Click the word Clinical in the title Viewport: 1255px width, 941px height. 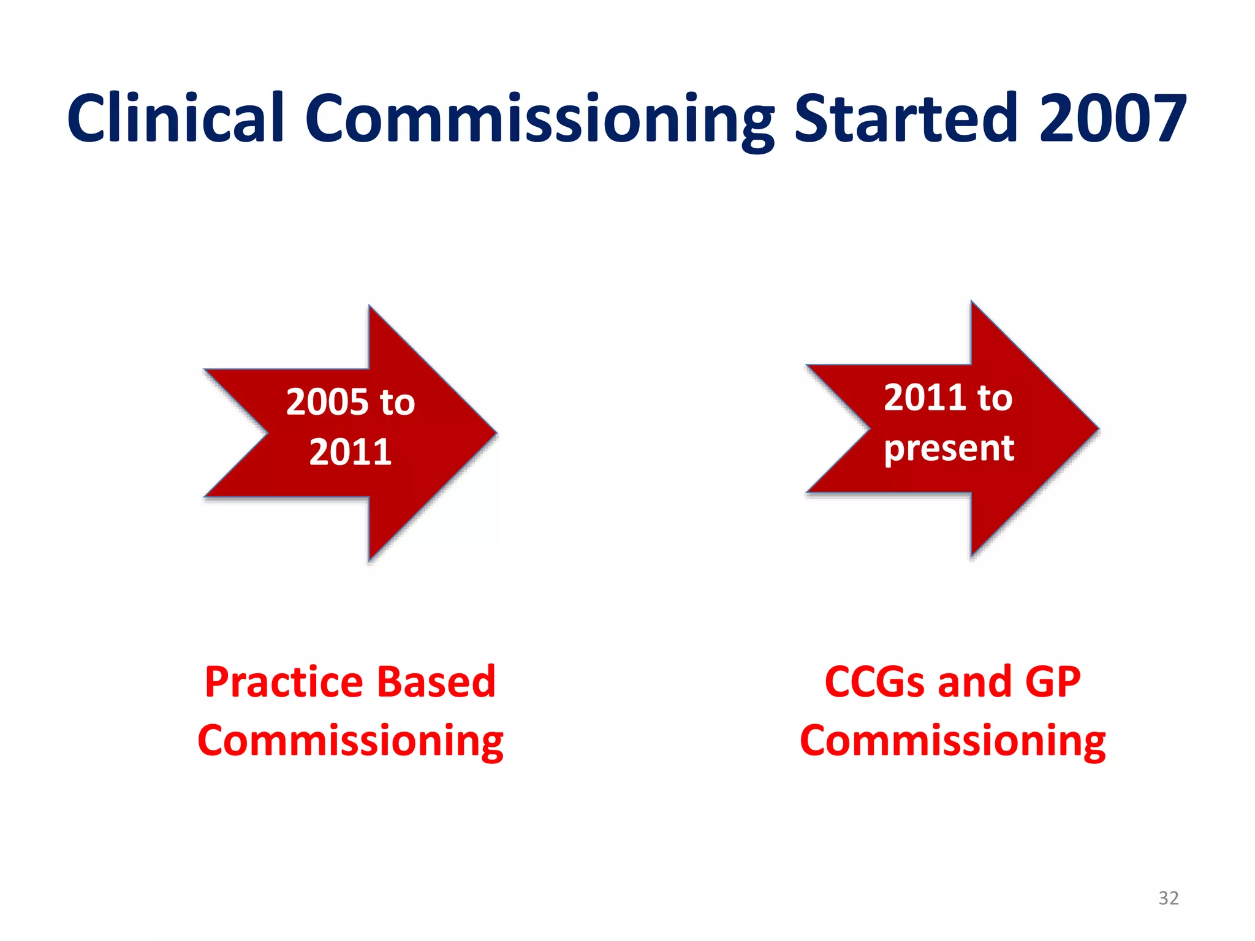(176, 118)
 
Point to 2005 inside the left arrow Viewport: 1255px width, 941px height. (327, 402)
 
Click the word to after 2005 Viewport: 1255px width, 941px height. (397, 403)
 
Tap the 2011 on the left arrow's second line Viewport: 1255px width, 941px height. (350, 452)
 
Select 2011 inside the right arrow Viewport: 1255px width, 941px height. (923, 398)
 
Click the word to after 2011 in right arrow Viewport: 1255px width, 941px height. (995, 398)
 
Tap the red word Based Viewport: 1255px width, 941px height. (436, 682)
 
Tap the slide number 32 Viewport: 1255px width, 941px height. (1168, 898)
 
